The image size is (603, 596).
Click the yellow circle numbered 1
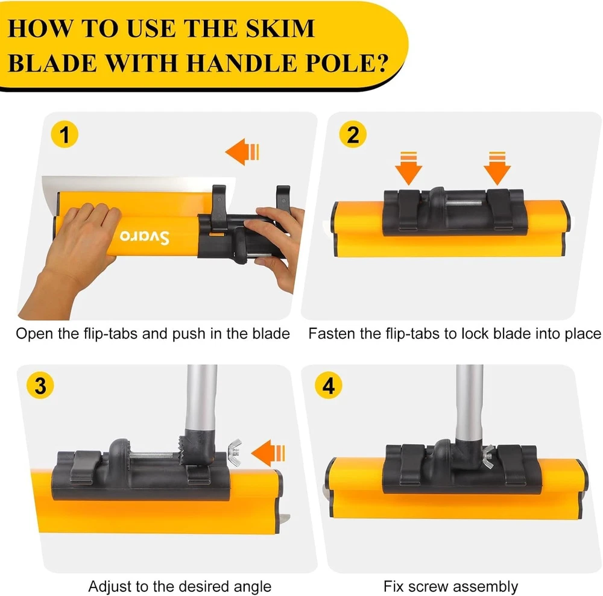pos(65,134)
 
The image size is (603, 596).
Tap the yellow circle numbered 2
pos(353,134)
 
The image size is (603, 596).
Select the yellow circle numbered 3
pos(40,385)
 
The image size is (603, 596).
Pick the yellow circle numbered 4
pos(329,385)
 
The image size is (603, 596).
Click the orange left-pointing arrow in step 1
pos(242,152)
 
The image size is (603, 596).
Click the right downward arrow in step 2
pos(497,168)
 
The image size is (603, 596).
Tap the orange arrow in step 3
pos(268,453)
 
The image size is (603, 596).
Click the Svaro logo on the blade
pos(144,236)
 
